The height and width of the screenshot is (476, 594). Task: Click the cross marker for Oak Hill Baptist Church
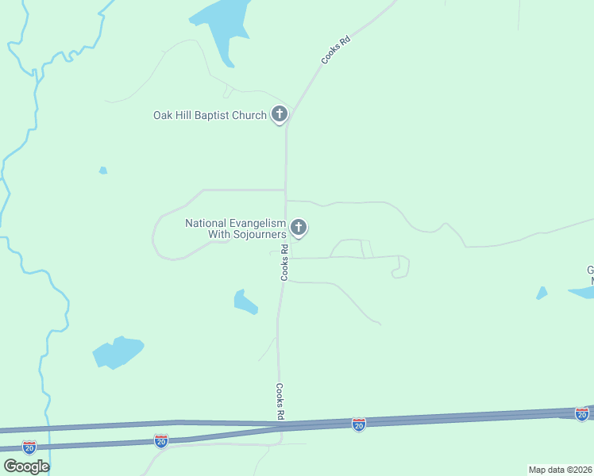[279, 114]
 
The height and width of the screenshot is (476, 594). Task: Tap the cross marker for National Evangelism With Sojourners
[299, 228]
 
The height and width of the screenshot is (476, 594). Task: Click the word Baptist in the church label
[209, 116]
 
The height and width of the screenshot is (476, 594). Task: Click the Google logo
[26, 466]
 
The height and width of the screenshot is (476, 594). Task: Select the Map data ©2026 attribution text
[560, 470]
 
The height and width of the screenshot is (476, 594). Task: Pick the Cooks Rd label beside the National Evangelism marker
[284, 263]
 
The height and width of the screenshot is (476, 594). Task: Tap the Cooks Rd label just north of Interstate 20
[280, 401]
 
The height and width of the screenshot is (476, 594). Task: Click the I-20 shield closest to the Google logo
[29, 447]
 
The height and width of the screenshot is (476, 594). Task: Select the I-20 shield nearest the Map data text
[582, 413]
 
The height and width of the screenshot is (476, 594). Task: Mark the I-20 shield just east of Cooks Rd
[359, 425]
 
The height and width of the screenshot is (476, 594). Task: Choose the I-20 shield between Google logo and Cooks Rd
[161, 440]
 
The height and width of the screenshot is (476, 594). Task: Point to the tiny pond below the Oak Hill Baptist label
[102, 170]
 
